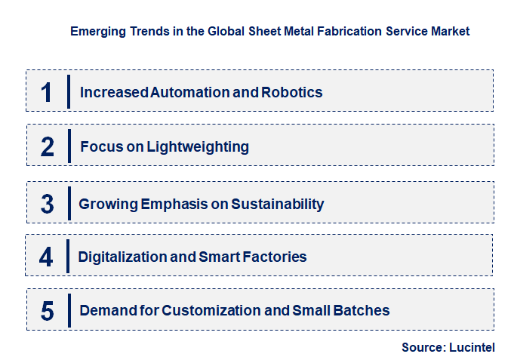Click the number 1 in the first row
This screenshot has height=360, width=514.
47,92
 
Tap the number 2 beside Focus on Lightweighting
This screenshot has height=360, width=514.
48,146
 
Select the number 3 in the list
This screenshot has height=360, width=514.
47,204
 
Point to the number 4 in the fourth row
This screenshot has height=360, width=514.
47,257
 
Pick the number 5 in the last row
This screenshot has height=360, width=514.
47,310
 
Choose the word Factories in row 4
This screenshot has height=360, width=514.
275,257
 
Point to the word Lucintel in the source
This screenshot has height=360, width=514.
472,347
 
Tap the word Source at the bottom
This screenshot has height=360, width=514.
423,347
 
